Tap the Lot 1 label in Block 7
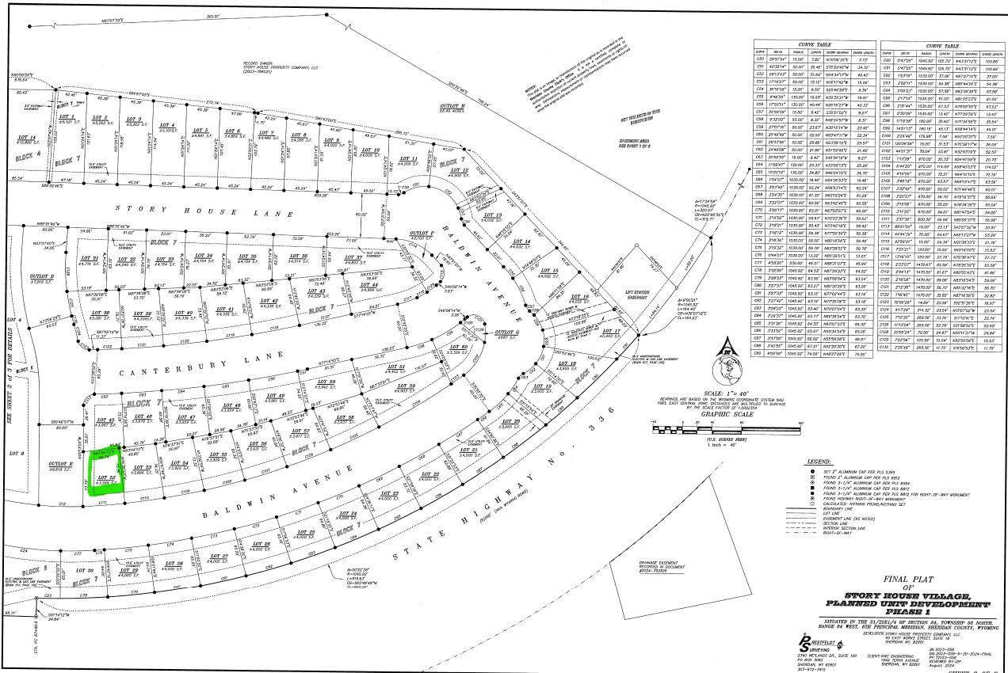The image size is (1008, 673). click(67, 120)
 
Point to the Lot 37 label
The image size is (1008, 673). click(353, 258)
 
